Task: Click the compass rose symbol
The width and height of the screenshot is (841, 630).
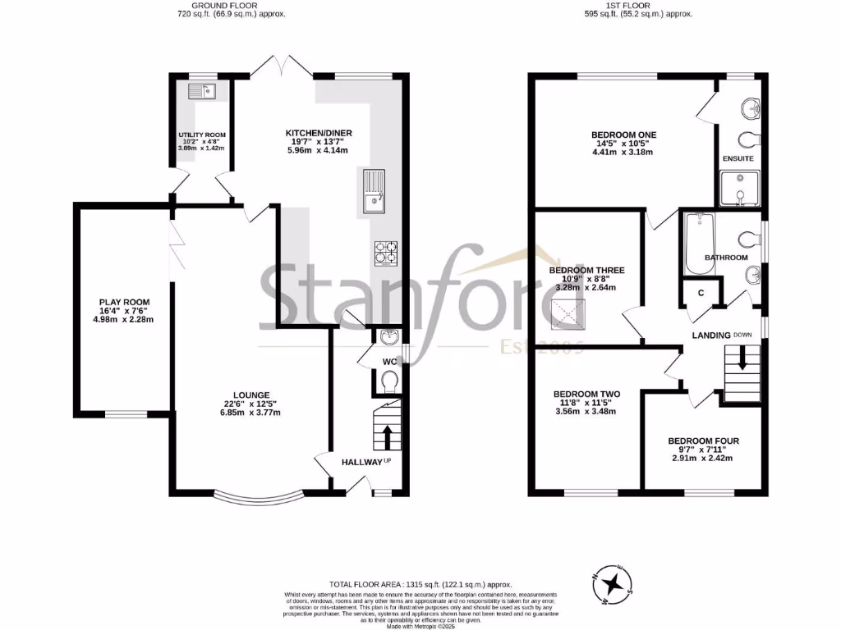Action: pyautogui.click(x=611, y=583)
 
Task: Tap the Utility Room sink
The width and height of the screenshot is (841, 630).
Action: pyautogui.click(x=200, y=90)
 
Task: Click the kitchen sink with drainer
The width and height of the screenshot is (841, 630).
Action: pyautogui.click(x=372, y=191)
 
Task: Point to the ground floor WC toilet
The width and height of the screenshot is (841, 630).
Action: pyautogui.click(x=388, y=380)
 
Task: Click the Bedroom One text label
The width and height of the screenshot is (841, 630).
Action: pyautogui.click(x=623, y=135)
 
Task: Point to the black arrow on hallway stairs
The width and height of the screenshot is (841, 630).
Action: pyautogui.click(x=386, y=436)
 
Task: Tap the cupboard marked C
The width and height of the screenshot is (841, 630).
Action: pyautogui.click(x=701, y=293)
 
